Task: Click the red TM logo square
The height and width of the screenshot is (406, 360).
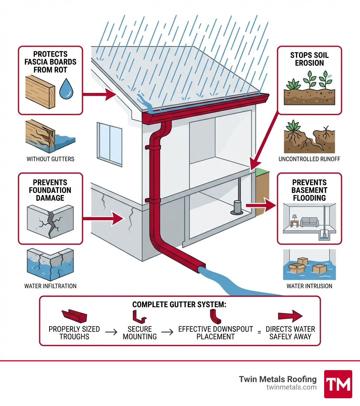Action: (337, 384)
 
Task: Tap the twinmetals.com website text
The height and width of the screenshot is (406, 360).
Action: (291, 387)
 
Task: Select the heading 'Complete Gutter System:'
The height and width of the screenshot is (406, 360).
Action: (179, 305)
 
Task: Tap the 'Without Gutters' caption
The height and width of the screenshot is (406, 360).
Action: (51, 159)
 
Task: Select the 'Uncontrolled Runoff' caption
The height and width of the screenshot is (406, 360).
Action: (309, 159)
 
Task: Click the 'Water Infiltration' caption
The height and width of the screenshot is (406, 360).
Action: (50, 286)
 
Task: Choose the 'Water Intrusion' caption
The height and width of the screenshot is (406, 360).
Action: (309, 286)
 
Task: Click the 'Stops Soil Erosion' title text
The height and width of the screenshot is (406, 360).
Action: (309, 59)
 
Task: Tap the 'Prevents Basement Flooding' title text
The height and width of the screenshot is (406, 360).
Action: (309, 190)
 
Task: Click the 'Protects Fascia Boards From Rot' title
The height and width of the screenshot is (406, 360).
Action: (50, 62)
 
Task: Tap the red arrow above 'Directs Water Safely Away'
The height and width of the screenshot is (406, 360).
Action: (290, 316)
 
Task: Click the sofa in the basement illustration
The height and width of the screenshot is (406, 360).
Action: (309, 222)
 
